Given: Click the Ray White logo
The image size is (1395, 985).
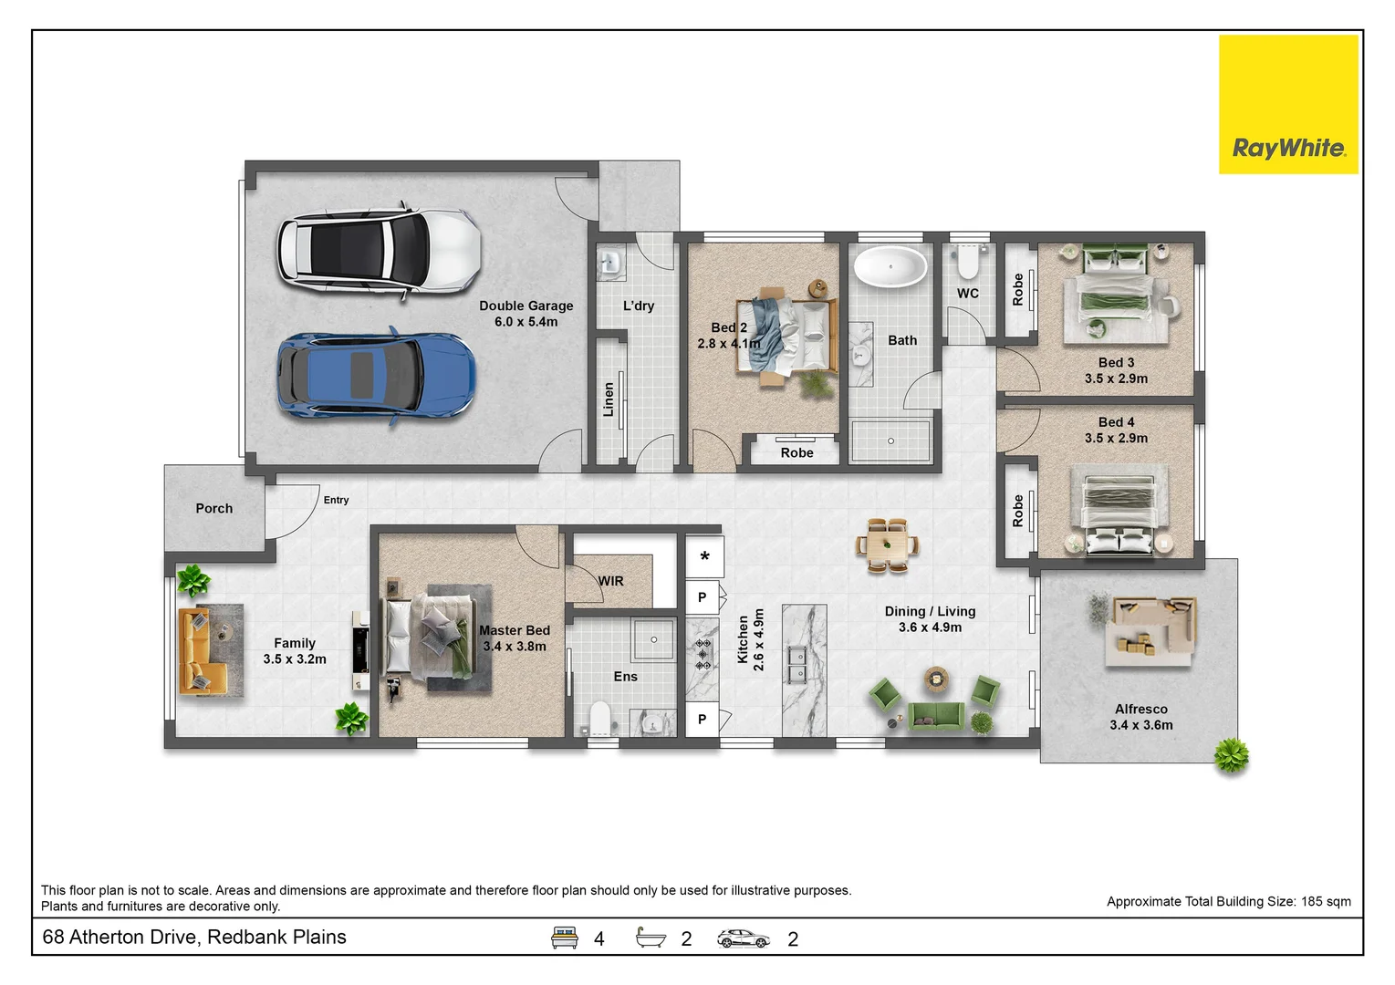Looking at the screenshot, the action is click(x=1288, y=104).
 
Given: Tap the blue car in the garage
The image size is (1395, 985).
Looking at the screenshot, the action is click(x=376, y=376).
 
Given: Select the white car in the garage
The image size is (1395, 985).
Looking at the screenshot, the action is click(x=379, y=250).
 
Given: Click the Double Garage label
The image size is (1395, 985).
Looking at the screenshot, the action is click(x=526, y=306).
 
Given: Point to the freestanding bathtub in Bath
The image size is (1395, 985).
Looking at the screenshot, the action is click(x=890, y=266).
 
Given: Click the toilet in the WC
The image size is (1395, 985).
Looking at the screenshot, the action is click(x=967, y=262).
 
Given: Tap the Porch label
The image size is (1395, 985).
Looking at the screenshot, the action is click(x=213, y=508).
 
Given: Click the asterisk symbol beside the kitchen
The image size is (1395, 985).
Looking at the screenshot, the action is click(x=704, y=556).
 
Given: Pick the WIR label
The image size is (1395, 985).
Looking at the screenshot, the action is click(x=610, y=581).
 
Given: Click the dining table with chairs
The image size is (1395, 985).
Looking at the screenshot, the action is click(x=887, y=545).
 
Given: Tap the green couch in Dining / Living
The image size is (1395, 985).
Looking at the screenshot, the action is click(x=936, y=715).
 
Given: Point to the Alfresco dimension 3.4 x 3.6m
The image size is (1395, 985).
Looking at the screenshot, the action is click(x=1141, y=725).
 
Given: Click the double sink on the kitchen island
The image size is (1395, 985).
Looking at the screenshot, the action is click(x=796, y=665).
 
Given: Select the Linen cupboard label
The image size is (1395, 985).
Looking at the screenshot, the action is click(x=609, y=399).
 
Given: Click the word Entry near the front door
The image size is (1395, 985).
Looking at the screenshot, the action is click(x=336, y=500).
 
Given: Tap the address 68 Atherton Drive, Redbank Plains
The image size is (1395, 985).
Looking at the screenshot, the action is click(x=193, y=937).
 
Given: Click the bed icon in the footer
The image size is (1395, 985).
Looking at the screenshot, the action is click(x=564, y=938).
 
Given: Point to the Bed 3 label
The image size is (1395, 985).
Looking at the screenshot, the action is click(x=1116, y=362).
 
